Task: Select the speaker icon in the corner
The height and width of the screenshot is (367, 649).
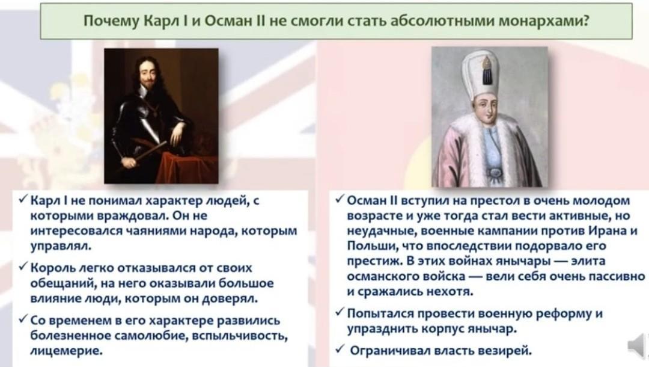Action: pyautogui.click(x=638, y=345)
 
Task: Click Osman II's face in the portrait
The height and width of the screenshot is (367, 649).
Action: pyautogui.click(x=487, y=108)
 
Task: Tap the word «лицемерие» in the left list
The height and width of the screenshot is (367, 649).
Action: pyautogui.click(x=66, y=351)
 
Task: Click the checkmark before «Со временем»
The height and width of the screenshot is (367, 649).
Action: pyautogui.click(x=23, y=319)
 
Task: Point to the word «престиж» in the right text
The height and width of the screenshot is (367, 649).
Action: pyautogui.click(x=374, y=261)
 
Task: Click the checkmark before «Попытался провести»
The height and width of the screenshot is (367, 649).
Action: pyautogui.click(x=340, y=312)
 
